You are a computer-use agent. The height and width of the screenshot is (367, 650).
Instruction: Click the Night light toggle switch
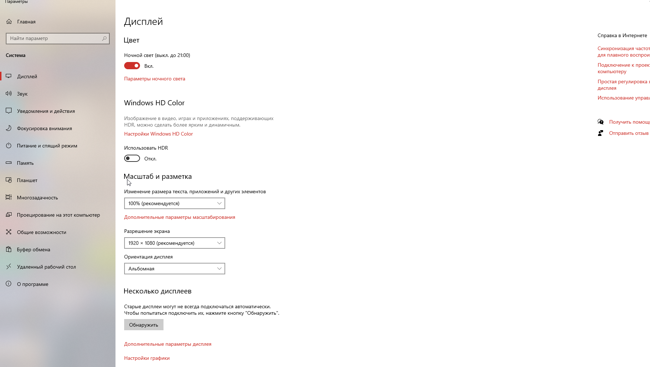point(132,66)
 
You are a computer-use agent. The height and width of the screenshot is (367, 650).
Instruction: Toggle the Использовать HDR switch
point(132,158)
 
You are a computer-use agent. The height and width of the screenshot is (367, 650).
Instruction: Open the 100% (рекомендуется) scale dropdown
point(174,203)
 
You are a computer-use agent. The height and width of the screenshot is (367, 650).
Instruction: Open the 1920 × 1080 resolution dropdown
point(174,243)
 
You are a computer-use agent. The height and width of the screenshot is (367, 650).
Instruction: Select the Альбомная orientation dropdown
point(174,269)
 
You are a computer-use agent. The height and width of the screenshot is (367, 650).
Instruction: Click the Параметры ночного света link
point(154,79)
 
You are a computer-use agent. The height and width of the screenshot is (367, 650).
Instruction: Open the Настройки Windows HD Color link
point(158,134)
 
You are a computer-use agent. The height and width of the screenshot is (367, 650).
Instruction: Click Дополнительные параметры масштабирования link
point(179,217)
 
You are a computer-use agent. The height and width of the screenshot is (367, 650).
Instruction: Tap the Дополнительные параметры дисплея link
point(167,344)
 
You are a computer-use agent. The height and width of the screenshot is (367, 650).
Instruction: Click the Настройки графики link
point(147,358)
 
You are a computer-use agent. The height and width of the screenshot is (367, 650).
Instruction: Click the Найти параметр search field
point(54,38)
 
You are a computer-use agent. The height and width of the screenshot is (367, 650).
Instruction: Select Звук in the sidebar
point(22,94)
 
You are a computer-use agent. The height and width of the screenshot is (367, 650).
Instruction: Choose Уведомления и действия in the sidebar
point(46,111)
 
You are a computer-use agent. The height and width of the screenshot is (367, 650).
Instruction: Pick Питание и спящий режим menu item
point(47,146)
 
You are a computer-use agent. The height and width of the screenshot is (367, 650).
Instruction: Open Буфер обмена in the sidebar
point(34,249)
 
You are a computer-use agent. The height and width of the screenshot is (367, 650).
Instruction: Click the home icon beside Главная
point(9,22)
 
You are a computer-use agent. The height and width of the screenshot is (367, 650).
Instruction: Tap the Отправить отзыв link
point(629,133)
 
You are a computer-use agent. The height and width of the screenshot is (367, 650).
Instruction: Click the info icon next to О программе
point(9,284)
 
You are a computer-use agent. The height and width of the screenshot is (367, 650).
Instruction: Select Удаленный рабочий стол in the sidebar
point(46,267)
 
